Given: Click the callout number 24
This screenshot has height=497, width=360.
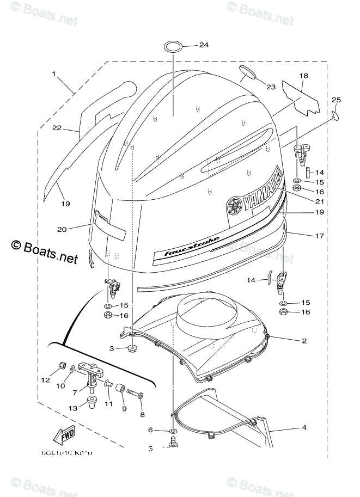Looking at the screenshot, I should point(204,45).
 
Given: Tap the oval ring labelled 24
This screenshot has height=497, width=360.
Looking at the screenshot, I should point(174,45).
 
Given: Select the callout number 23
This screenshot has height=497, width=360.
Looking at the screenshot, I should point(271,87).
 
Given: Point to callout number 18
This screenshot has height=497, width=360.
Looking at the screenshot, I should point(304,76).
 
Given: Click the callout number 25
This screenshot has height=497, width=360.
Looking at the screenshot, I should point(336,100).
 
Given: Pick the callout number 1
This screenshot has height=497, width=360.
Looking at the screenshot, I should point(54,73).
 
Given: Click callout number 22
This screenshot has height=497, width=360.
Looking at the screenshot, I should point(56,128).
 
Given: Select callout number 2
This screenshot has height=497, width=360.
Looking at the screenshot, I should point(304,341).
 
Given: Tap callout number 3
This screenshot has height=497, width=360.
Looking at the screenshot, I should point(111,348).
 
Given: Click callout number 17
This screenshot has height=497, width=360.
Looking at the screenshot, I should point(304,236).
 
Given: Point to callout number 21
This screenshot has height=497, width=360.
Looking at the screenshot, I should point(304,201).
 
